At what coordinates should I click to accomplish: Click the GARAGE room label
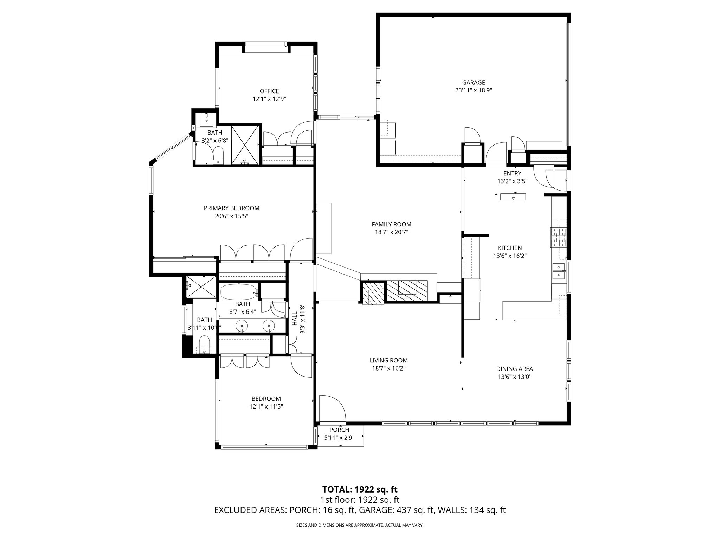(473, 83)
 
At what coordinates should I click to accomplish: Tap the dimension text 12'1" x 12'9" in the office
(269, 99)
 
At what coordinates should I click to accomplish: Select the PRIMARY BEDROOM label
(231, 208)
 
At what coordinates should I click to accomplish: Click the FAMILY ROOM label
(391, 224)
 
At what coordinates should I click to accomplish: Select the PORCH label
(339, 430)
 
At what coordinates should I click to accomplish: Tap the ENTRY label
(512, 173)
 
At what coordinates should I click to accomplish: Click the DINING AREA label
(514, 369)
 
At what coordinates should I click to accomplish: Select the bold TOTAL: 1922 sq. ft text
(360, 489)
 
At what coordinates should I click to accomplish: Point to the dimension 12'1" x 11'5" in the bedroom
(266, 406)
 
